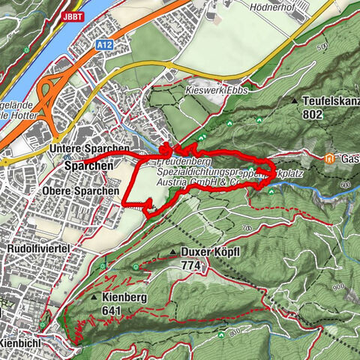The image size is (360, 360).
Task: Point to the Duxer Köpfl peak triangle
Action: pyautogui.click(x=174, y=252)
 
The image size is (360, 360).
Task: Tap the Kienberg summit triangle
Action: pyautogui.click(x=94, y=298)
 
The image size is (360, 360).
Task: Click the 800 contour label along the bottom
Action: pyautogui.click(x=232, y=332)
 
